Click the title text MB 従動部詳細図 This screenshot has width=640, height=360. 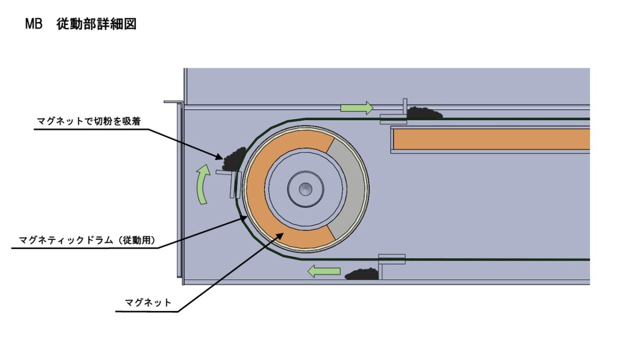coord(81,25)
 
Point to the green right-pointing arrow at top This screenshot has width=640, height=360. coord(357,108)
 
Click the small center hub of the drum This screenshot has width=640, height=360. coord(306,188)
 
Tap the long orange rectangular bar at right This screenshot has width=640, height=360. coord(491,139)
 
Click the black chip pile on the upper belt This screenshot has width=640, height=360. coord(425,114)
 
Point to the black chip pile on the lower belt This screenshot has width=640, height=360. coord(362,274)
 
